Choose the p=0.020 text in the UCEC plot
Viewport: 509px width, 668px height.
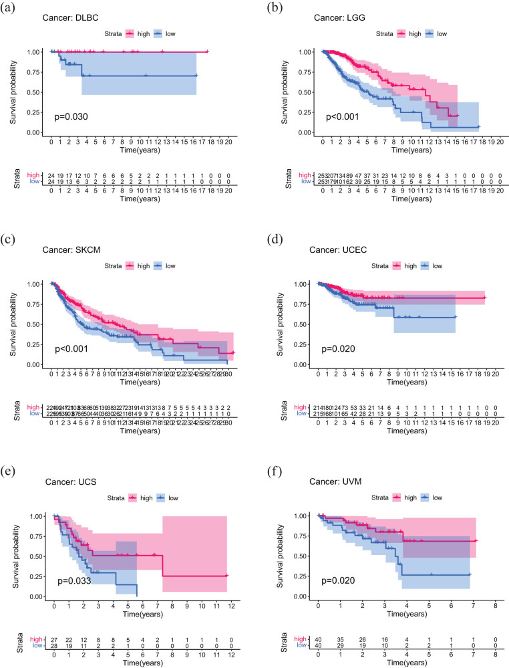pyautogui.click(x=336, y=348)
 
